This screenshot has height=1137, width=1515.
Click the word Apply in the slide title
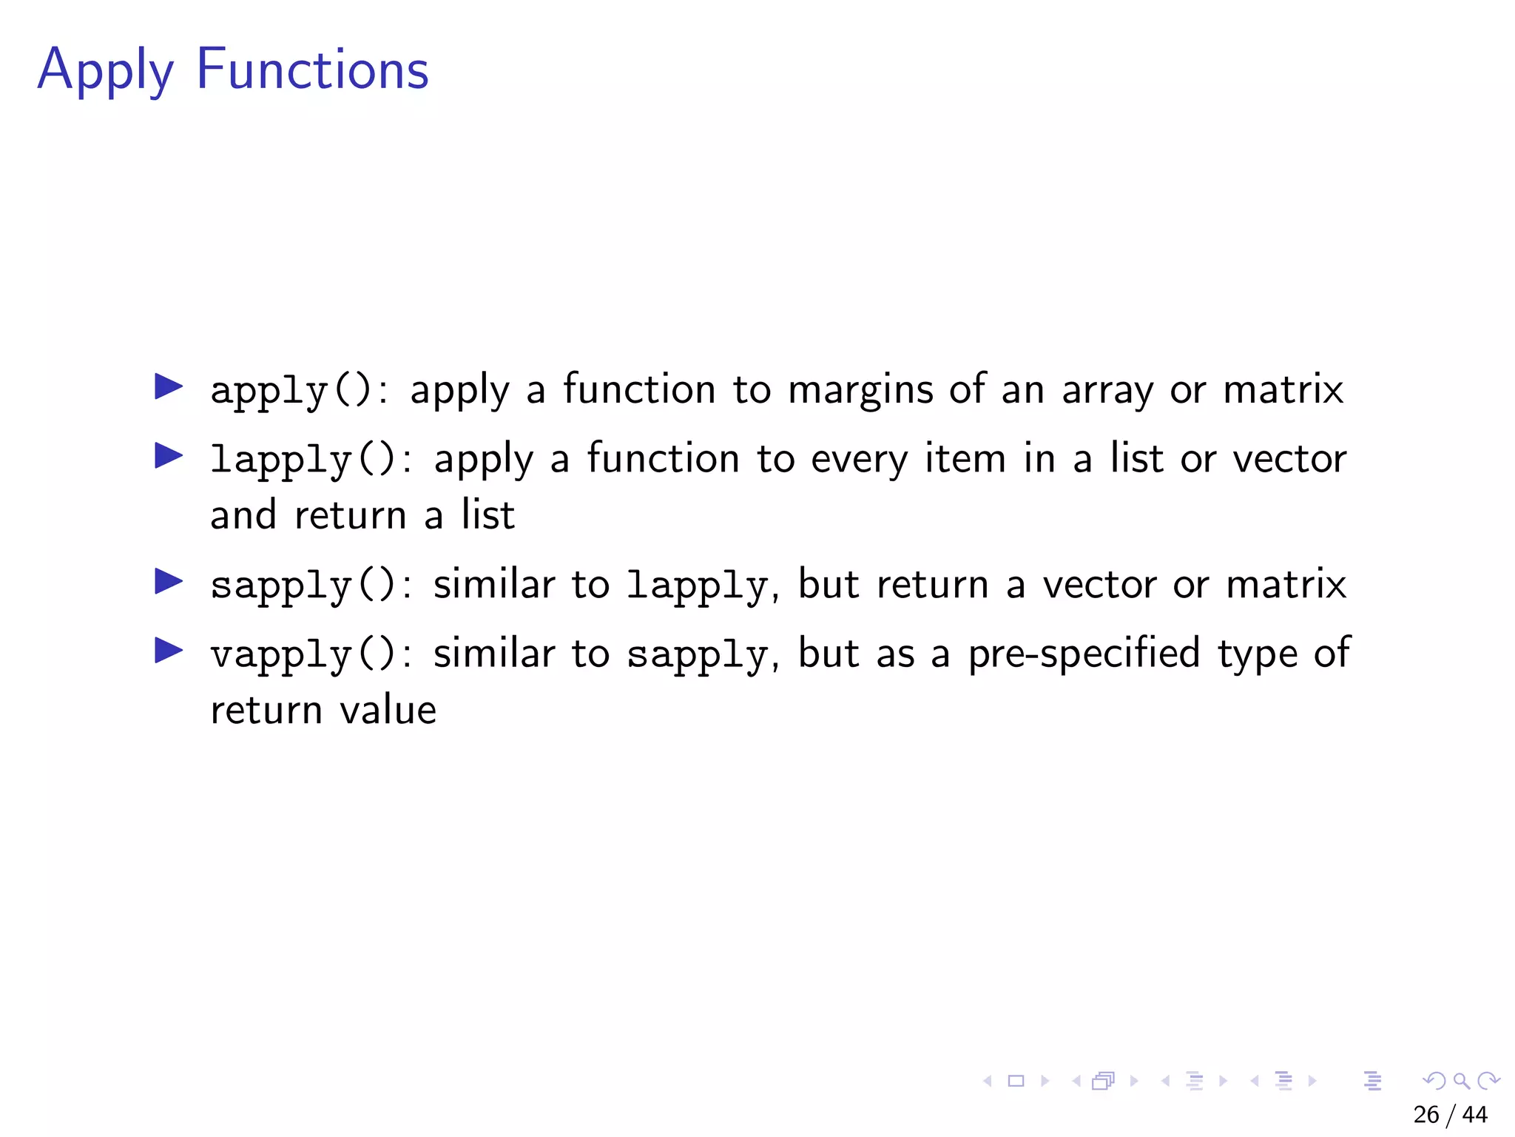coord(105,70)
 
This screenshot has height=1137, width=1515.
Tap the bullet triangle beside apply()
coord(169,386)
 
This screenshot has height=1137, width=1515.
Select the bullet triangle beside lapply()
coord(169,456)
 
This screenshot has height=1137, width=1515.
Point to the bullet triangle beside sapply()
coord(169,582)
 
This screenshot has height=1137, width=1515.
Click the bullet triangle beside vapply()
coord(169,651)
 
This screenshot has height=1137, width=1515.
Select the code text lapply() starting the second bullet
coord(303,460)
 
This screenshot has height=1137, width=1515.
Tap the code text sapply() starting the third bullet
coord(303,586)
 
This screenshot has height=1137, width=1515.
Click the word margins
coord(860,390)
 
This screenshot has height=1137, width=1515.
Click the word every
coord(859,460)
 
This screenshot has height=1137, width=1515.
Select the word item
coord(965,458)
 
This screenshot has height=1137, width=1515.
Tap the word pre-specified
coord(1084,654)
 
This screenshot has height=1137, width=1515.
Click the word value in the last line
coord(388,711)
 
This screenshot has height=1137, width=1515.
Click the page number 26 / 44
coord(1450,1115)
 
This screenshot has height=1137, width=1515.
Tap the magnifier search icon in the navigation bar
coord(1461,1081)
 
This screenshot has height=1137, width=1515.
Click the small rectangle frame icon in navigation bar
coord(1016,1081)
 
